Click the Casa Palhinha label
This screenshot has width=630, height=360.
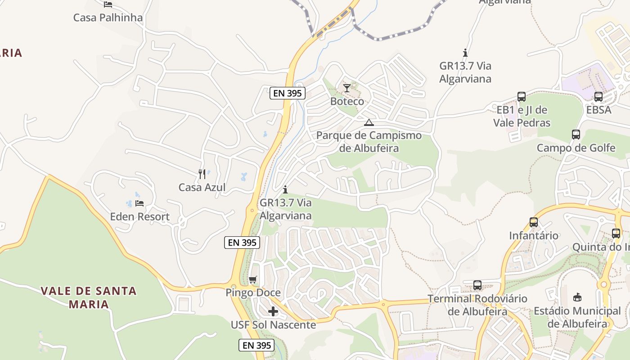click(x=108, y=18)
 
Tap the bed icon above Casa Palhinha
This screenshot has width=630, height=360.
click(x=108, y=4)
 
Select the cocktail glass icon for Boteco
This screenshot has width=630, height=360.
click(x=346, y=88)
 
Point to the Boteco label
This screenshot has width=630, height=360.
click(x=347, y=101)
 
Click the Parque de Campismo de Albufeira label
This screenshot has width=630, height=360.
click(x=369, y=142)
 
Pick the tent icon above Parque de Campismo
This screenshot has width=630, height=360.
click(x=369, y=122)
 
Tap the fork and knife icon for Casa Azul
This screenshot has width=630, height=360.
click(x=202, y=174)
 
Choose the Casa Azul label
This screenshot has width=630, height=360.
click(x=202, y=187)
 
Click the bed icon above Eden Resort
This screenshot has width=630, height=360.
click(x=139, y=203)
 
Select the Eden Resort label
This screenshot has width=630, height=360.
click(x=139, y=216)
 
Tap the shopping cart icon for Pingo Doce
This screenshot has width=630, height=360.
click(x=253, y=280)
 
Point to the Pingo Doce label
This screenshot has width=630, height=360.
click(x=253, y=292)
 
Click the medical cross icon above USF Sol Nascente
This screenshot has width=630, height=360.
click(x=273, y=311)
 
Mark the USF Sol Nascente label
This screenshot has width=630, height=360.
click(x=273, y=324)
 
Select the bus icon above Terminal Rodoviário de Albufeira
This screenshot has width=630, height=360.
click(x=477, y=285)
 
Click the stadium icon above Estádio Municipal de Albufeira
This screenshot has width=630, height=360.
click(x=577, y=297)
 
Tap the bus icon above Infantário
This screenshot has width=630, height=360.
click(x=534, y=222)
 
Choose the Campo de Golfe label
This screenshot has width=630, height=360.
click(x=576, y=148)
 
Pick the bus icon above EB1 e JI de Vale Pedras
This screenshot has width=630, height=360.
click(x=522, y=97)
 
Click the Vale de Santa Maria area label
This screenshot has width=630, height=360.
click(x=89, y=297)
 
